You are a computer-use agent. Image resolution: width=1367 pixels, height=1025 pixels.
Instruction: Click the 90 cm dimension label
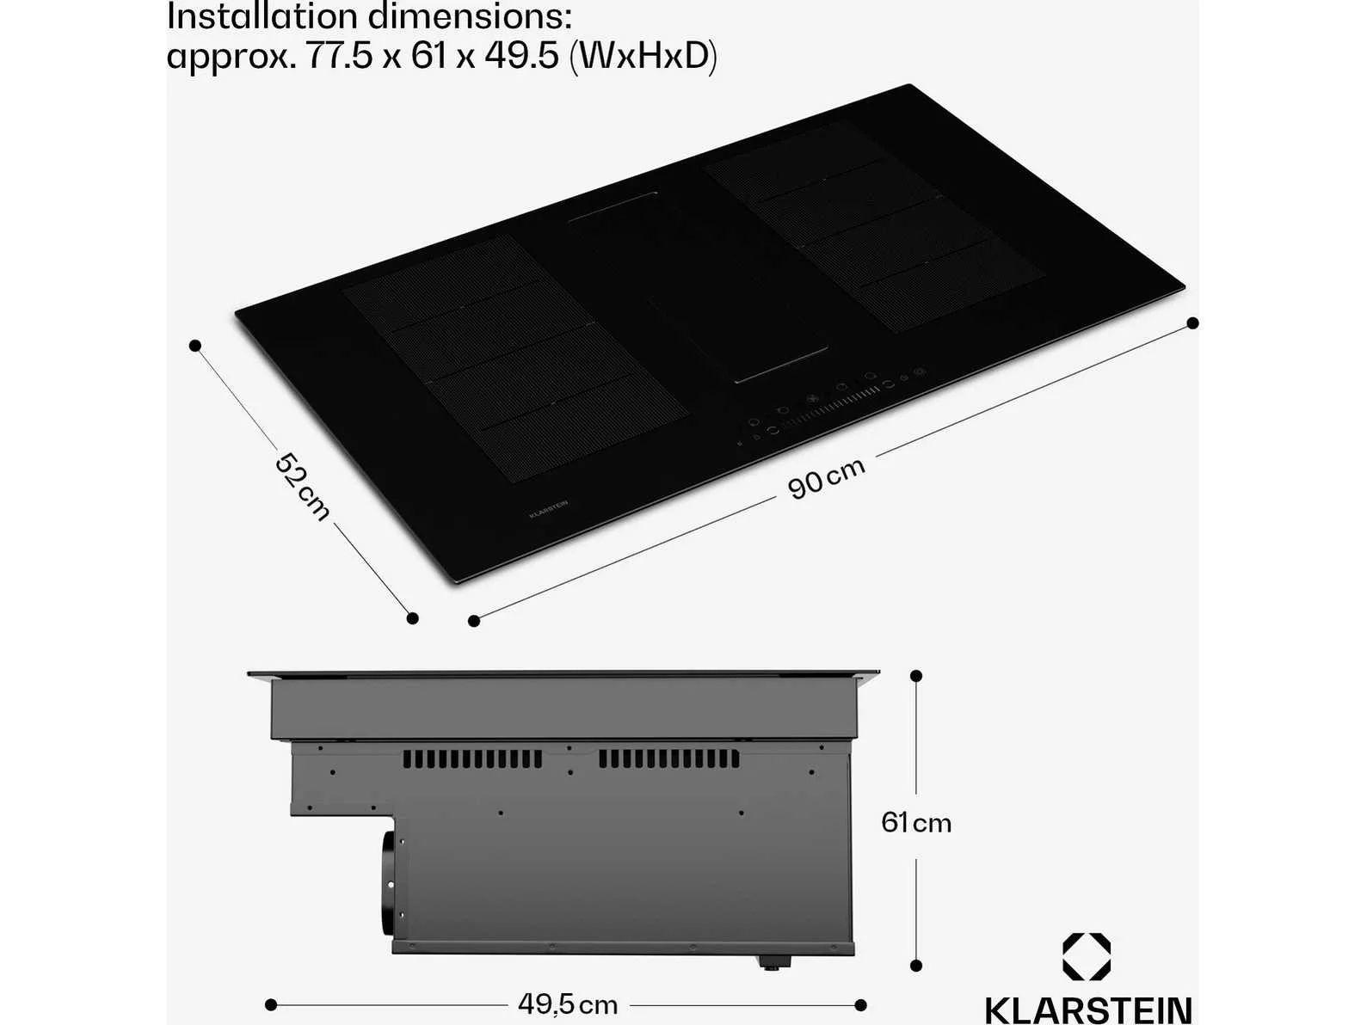pyautogui.click(x=826, y=478)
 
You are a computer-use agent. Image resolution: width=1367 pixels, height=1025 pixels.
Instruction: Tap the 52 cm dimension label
pyautogui.click(x=302, y=487)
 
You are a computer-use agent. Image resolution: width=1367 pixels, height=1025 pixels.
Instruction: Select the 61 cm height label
pyautogui.click(x=916, y=823)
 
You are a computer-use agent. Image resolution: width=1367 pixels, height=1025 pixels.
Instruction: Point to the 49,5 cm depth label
pyautogui.click(x=567, y=1004)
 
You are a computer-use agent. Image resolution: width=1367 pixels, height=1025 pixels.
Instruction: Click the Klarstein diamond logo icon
pyautogui.click(x=1087, y=956)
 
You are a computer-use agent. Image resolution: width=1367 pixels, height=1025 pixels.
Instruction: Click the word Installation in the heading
pyautogui.click(x=263, y=17)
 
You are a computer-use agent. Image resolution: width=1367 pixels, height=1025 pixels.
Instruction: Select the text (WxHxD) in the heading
pyautogui.click(x=643, y=56)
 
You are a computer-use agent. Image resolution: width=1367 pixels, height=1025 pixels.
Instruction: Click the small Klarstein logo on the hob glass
pyautogui.click(x=548, y=508)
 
